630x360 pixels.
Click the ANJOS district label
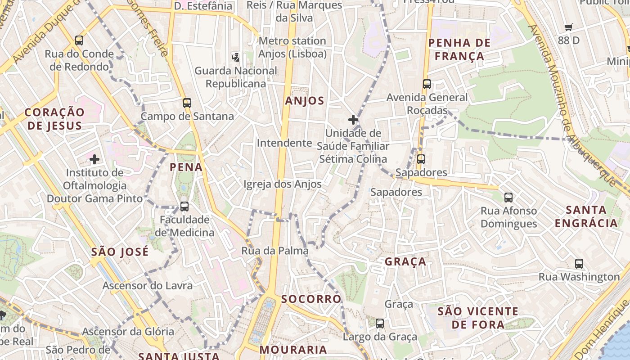pos(305,101)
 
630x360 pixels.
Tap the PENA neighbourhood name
pos(186,167)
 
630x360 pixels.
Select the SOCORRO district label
pos(311,299)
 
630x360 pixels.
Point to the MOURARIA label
pos(293,350)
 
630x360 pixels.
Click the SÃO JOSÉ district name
pos(120,252)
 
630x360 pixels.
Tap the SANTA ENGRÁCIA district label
pos(586,216)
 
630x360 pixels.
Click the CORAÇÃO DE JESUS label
pos(54,119)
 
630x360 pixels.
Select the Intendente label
pos(284,143)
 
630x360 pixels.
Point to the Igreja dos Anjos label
pos(283,184)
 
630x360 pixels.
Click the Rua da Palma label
pos(275,251)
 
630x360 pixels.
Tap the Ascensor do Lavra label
pos(147,286)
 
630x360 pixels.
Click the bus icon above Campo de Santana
pos(187,103)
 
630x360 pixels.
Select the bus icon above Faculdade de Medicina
pos(184,207)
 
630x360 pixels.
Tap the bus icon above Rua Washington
pos(579,264)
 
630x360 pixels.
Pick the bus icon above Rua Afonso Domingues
pos(508,197)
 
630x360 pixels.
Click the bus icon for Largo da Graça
pos(380,323)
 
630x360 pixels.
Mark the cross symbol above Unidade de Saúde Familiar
pos(353,120)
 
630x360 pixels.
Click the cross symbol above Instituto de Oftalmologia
pos(94,159)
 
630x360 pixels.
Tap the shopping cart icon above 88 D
pos(569,27)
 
